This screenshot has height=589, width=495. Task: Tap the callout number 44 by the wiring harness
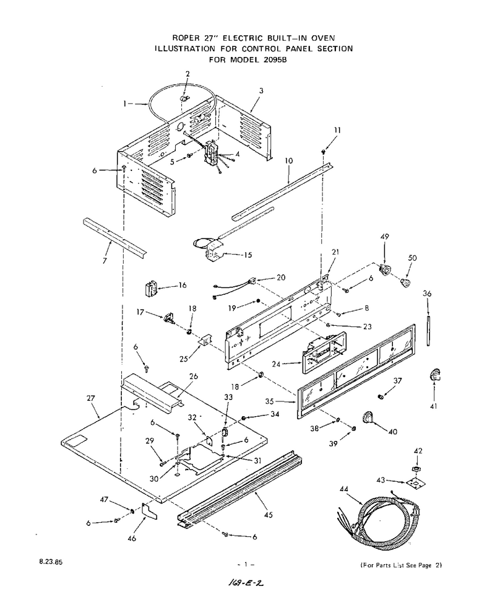(x=344, y=489)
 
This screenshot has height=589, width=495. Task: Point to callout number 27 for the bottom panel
(x=91, y=398)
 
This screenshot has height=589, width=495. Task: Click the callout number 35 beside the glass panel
(x=269, y=401)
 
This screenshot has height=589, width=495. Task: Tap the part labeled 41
(x=434, y=375)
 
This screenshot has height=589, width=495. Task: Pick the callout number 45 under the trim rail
(x=268, y=515)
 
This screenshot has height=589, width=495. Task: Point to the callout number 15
(x=247, y=255)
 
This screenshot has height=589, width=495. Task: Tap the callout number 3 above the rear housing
(x=261, y=90)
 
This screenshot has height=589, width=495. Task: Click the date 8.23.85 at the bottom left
(x=51, y=562)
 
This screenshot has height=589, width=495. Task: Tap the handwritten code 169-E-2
(x=246, y=583)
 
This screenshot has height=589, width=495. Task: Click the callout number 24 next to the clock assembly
(x=276, y=364)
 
